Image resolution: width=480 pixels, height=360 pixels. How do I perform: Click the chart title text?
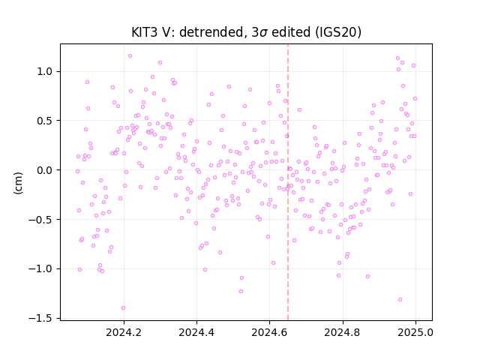[x=246, y=32]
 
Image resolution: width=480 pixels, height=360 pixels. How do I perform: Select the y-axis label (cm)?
[x=18, y=183]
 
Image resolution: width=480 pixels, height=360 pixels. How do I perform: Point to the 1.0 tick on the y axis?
[x=44, y=72]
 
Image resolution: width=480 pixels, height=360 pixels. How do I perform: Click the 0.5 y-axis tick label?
[x=44, y=121]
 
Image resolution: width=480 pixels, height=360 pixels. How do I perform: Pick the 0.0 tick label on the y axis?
[x=44, y=170]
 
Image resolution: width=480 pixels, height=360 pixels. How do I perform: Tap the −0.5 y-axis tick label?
[x=40, y=220]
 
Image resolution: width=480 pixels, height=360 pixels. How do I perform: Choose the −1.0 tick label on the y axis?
[x=40, y=268]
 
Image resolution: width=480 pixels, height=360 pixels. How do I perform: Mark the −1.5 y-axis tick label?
[x=40, y=318]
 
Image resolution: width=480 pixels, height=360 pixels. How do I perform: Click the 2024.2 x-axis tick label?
[x=124, y=332]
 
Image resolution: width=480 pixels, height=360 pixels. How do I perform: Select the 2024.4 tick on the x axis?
[x=196, y=332]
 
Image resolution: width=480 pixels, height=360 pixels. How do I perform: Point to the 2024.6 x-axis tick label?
[x=270, y=332]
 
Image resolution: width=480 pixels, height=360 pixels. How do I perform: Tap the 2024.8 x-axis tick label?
[x=343, y=332]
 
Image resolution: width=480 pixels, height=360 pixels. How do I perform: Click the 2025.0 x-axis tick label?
[x=415, y=332]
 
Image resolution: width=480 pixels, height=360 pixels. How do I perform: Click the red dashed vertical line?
[x=288, y=182]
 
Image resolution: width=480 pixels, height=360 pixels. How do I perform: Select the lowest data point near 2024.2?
[x=123, y=308]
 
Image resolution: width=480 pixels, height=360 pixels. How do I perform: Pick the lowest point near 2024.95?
[x=400, y=300]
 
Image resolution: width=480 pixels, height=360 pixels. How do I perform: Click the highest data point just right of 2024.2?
[x=130, y=56]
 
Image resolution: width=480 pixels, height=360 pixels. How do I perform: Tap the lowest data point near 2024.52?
[x=241, y=292]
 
